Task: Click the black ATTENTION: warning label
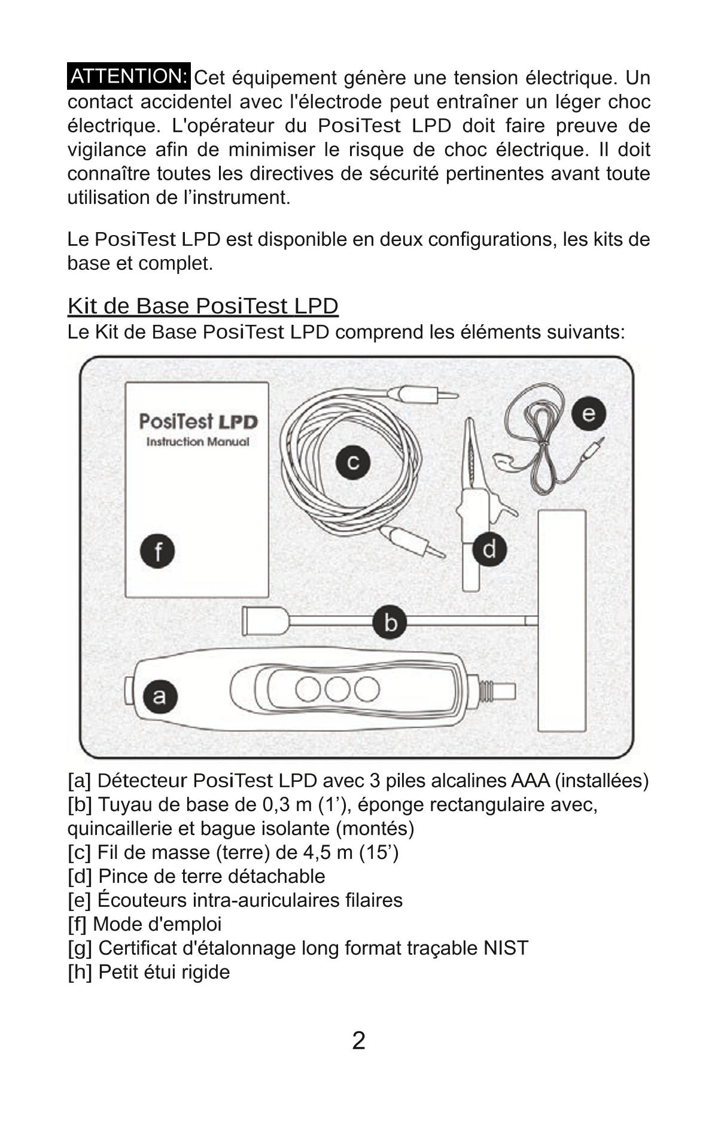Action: (129, 77)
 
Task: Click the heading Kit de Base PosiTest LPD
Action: (203, 306)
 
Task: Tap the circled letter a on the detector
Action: (159, 696)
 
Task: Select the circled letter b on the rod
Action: (390, 622)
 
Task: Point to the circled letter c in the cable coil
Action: (352, 462)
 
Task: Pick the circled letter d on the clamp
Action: (489, 549)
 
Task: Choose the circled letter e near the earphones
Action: (588, 414)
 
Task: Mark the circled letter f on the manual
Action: (157, 552)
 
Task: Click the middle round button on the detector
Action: (337, 689)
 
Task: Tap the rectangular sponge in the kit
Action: (561, 620)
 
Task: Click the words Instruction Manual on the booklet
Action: (197, 442)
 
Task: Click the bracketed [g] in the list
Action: (80, 948)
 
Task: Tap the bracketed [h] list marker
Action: (80, 972)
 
